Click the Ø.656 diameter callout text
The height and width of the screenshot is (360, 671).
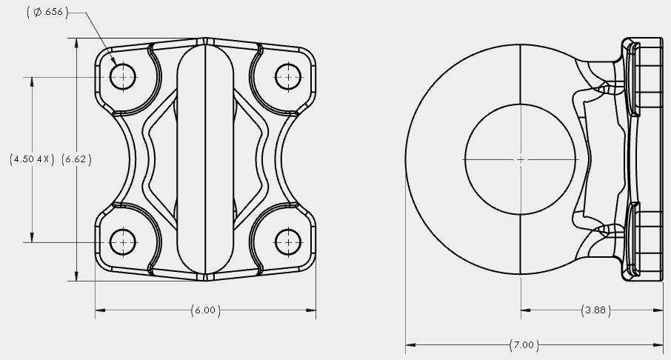[47, 12]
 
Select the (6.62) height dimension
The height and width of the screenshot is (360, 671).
[76, 159]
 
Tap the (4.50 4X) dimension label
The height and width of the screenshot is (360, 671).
[32, 159]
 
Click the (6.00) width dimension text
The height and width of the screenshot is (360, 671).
[205, 310]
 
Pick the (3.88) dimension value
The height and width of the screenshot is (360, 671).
[595, 310]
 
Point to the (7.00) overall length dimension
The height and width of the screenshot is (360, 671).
[524, 345]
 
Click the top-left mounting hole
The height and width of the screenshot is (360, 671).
[123, 77]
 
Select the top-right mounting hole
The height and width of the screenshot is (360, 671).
[288, 77]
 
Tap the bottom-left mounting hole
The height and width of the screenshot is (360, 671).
[123, 242]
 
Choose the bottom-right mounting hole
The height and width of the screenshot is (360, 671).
[288, 242]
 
